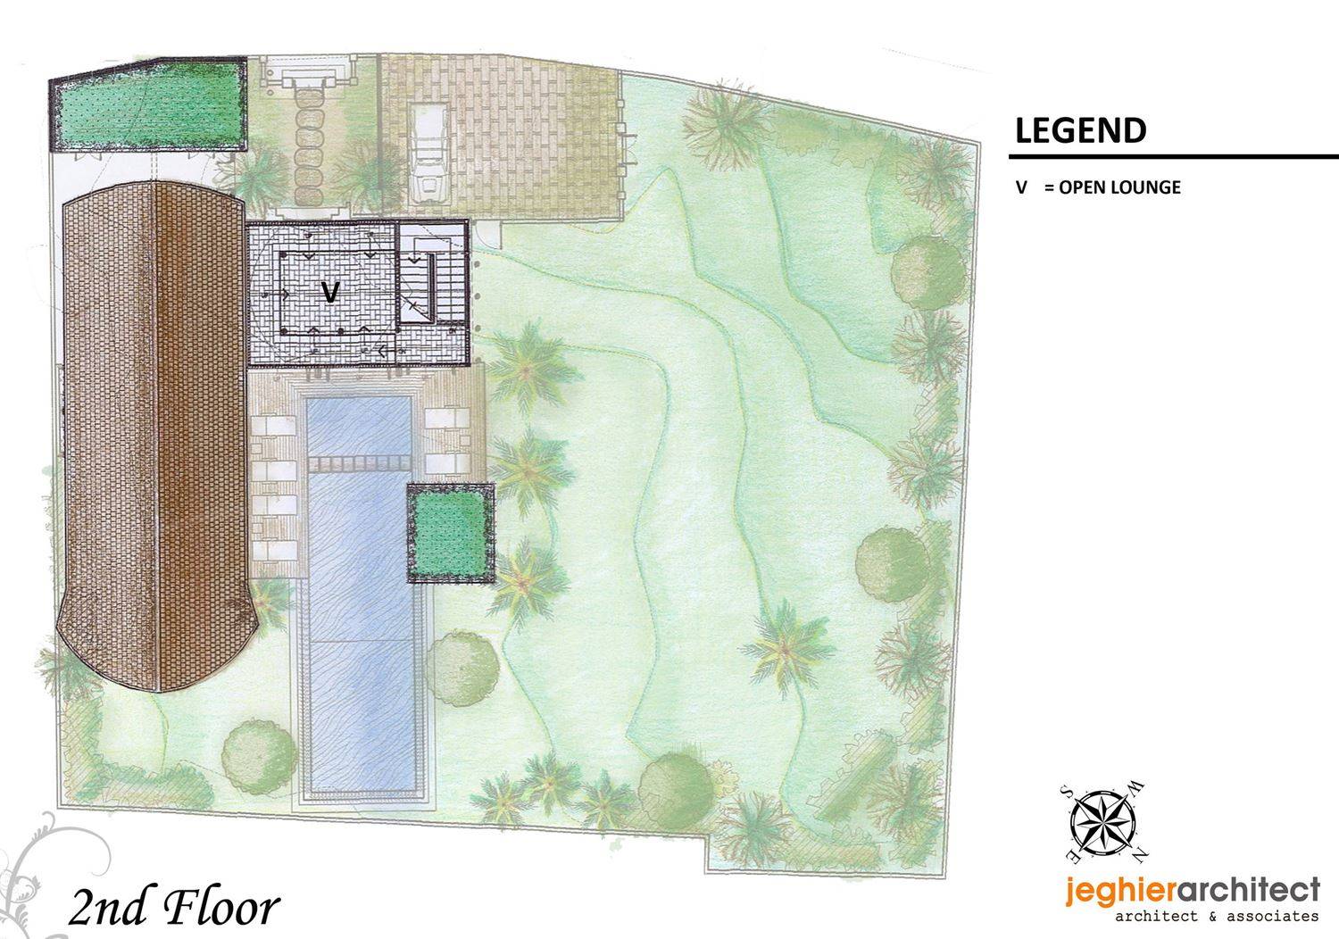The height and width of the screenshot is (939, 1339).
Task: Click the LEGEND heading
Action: pyautogui.click(x=1080, y=131)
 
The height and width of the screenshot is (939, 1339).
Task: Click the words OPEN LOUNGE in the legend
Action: pyautogui.click(x=1119, y=187)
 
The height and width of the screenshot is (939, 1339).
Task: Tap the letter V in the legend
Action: pyautogui.click(x=1021, y=187)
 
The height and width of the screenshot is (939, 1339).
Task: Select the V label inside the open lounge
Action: pyautogui.click(x=330, y=292)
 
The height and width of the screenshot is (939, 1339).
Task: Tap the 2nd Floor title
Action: pyautogui.click(x=173, y=909)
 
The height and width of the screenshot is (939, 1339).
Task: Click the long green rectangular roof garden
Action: pyautogui.click(x=147, y=106)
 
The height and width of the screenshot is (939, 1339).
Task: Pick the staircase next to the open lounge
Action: pyautogui.click(x=433, y=275)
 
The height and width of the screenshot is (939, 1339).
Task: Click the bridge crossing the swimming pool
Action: pyautogui.click(x=360, y=465)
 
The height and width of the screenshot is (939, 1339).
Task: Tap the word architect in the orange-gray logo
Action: pyautogui.click(x=1245, y=892)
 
